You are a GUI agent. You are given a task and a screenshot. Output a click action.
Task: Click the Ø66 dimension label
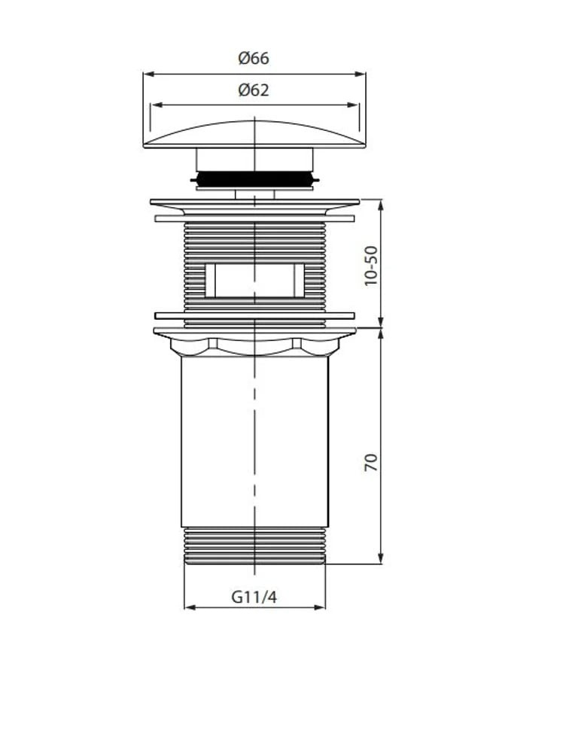click(254, 59)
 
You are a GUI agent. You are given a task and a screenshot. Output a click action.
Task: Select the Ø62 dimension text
click(254, 90)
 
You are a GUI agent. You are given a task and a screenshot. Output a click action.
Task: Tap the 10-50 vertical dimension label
click(371, 266)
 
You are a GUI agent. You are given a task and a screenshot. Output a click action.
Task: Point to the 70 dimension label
click(371, 462)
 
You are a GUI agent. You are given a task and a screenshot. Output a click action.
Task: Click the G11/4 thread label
click(254, 597)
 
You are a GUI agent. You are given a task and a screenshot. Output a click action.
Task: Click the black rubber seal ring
click(254, 179)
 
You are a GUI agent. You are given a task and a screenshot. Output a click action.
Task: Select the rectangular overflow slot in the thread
click(254, 281)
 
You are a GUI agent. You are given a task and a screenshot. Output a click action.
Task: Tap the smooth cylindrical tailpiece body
click(254, 441)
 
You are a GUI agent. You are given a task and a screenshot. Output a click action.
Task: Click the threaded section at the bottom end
click(254, 546)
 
